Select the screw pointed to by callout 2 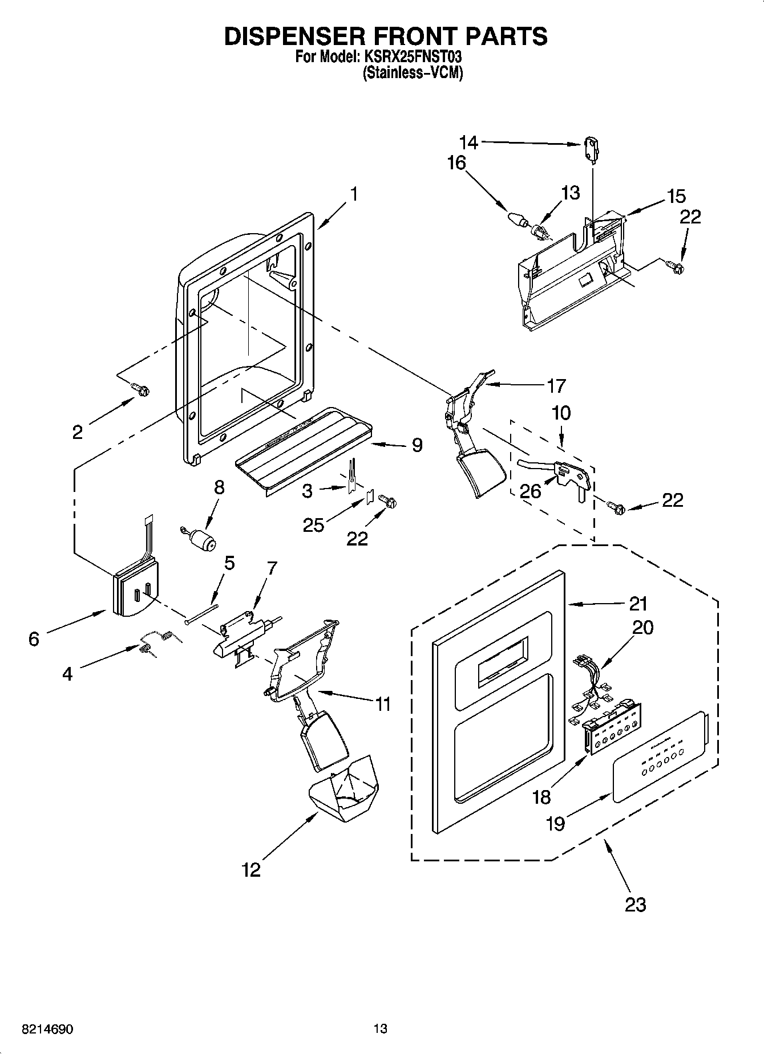[141, 390]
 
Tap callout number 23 [635, 904]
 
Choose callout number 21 [638, 603]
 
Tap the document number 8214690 [47, 1029]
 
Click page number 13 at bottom [381, 1029]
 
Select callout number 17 [556, 386]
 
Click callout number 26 [531, 490]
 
